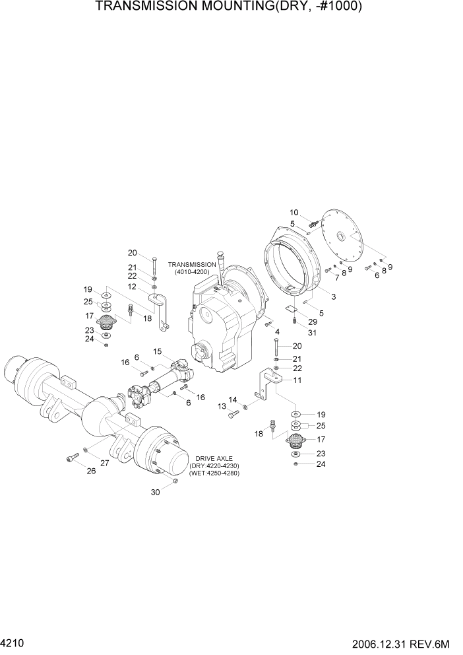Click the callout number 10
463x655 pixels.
click(294, 212)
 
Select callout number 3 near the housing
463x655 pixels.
click(333, 297)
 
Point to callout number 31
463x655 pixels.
click(312, 332)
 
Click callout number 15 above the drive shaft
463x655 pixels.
click(158, 351)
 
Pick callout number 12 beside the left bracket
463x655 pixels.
click(132, 287)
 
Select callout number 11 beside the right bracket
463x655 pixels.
click(297, 380)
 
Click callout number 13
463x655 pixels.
click(222, 407)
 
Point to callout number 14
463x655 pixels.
click(232, 399)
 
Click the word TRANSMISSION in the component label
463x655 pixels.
click(193, 264)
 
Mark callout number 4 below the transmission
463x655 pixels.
click(277, 331)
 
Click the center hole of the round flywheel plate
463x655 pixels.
click(342, 236)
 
